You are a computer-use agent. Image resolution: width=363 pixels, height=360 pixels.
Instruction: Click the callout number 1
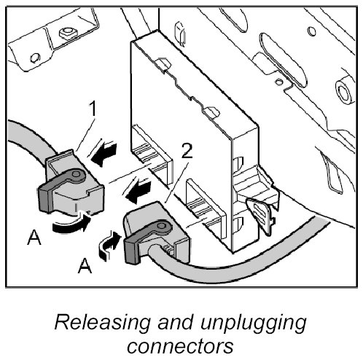click(x=93, y=109)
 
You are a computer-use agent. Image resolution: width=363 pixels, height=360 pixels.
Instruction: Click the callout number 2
click(x=187, y=151)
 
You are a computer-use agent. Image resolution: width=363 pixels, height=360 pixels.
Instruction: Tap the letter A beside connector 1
click(x=34, y=238)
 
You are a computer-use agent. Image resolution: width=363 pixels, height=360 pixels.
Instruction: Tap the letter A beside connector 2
click(x=85, y=266)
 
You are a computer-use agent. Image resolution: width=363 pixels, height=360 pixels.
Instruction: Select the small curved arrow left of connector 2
click(x=109, y=246)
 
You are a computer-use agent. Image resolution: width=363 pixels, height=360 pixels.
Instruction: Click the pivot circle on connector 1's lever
click(x=76, y=173)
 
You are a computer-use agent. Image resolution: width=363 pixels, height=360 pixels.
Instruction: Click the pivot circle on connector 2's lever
click(x=161, y=226)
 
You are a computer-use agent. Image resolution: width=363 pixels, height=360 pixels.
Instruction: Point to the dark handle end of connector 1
click(x=46, y=198)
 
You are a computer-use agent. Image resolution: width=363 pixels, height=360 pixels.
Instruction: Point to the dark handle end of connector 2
click(x=133, y=250)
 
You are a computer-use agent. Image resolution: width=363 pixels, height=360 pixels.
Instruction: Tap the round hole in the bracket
click(x=35, y=58)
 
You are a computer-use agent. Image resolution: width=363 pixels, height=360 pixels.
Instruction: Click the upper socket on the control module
click(x=152, y=153)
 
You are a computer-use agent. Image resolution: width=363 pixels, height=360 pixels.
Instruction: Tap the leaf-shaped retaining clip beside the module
click(x=259, y=216)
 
